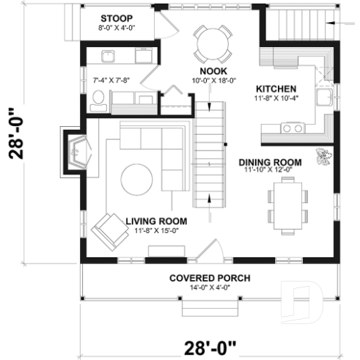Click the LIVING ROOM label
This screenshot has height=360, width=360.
155,221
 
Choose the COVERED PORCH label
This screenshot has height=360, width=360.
210,278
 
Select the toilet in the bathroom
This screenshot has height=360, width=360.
98,103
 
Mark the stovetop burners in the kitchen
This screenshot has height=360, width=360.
292,128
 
